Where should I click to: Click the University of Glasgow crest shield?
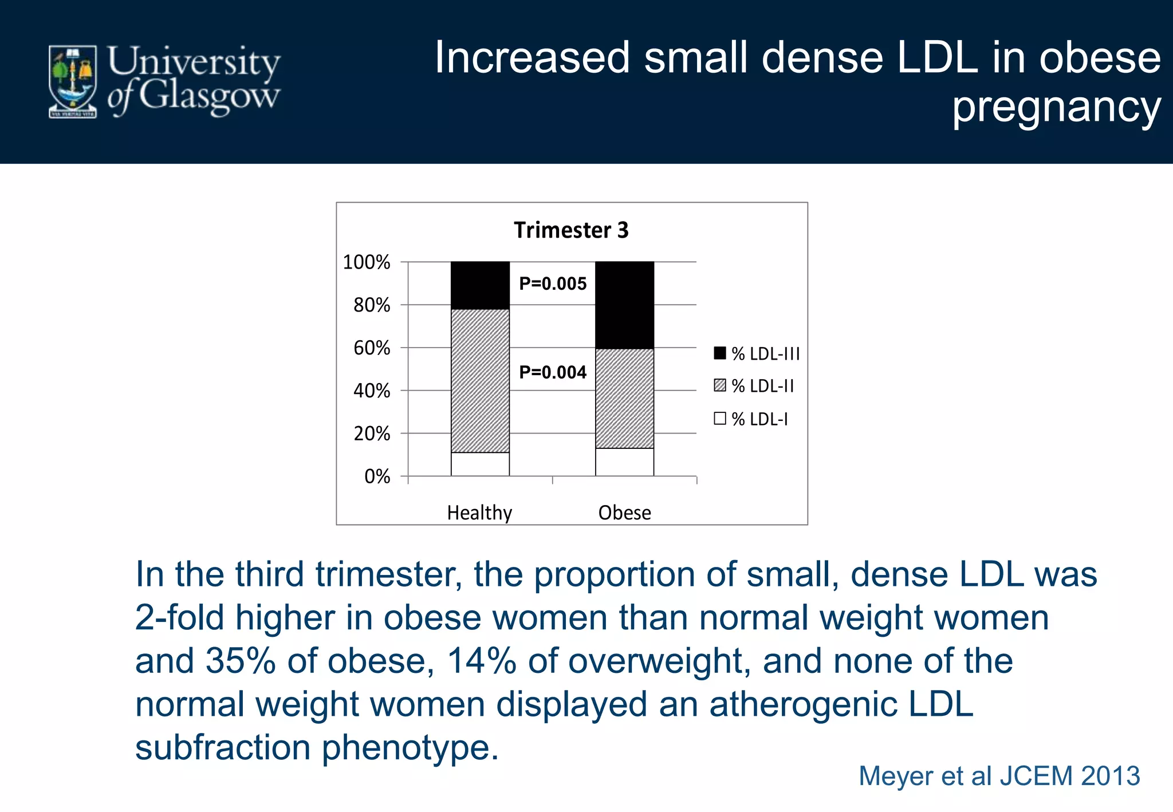point(72,81)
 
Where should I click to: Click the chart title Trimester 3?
point(571,230)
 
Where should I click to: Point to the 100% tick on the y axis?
point(367,262)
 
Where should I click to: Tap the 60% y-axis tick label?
point(372,348)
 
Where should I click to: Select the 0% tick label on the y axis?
point(377,476)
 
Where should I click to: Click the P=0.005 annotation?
point(553,283)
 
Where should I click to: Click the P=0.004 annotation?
point(553,372)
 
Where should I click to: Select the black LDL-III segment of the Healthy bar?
point(480,285)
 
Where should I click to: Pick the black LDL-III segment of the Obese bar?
point(624,305)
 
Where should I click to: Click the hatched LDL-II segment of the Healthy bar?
point(480,381)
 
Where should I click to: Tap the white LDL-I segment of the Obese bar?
point(624,462)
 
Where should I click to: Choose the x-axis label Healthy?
point(479,513)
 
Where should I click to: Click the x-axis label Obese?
point(624,513)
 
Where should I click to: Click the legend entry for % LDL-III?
point(757,354)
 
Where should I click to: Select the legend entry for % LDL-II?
point(754,386)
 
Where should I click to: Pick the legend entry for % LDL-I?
point(751,419)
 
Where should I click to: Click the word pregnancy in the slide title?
point(1056,107)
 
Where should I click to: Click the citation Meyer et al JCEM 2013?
point(999,776)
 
